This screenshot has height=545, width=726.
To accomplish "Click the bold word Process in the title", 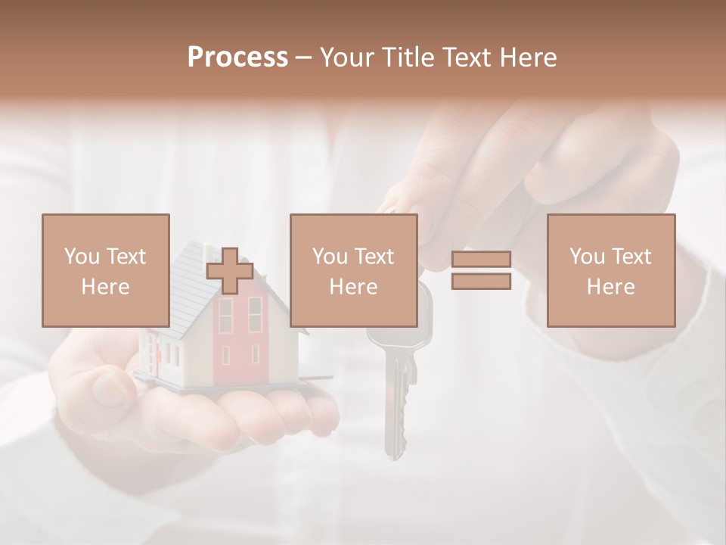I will point(237,58).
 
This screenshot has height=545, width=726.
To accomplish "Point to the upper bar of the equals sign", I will point(481,260).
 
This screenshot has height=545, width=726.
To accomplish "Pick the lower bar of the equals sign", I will point(481,282).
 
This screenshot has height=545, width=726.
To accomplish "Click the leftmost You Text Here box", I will point(106,270).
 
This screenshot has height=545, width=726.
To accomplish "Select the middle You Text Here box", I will point(354,270).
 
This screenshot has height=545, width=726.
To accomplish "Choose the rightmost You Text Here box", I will point(611,270).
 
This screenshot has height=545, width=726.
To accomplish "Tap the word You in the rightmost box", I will point(586,257).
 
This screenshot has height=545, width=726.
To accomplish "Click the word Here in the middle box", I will point(354,287).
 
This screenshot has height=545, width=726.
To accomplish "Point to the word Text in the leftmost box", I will point(125,257).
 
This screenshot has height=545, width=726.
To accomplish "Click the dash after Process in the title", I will point(304,58).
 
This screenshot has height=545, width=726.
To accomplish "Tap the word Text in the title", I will point(467,58).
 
